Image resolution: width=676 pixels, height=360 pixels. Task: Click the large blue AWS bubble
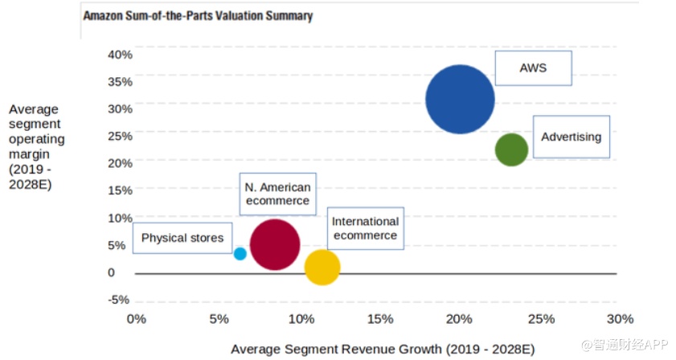pos(460,100)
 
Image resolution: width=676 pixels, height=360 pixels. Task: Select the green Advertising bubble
pos(511,149)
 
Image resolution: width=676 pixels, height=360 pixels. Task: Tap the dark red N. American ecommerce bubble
pos(275,245)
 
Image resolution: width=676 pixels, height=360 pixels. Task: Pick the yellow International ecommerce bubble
pos(322,268)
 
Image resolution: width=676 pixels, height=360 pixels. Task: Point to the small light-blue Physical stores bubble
pos(240,253)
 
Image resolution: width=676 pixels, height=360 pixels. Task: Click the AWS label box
pos(533,68)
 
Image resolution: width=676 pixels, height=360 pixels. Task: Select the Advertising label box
pos(571,137)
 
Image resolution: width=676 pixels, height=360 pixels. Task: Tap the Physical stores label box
pos(182,238)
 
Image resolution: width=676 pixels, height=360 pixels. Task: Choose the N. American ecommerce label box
pos(277,194)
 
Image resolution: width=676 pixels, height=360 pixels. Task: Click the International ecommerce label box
pos(365,228)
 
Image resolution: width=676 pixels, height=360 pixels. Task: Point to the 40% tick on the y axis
pos(119,54)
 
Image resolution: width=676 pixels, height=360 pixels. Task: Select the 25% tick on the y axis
pos(119,136)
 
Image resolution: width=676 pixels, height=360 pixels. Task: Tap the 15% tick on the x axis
pos(379,319)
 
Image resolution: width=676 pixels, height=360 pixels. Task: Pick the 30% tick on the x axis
pos(621,319)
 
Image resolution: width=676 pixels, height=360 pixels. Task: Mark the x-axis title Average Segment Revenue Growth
pos(382,349)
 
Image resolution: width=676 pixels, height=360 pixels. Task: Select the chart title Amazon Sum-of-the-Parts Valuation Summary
pos(198,15)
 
